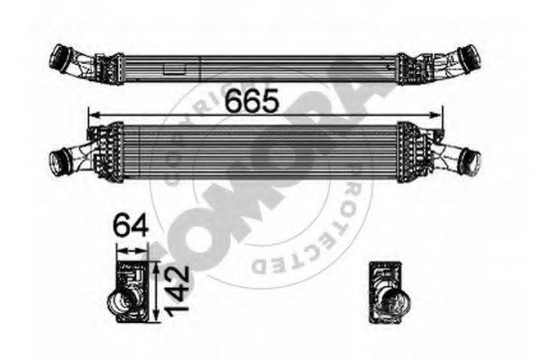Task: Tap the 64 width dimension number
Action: (x=129, y=222)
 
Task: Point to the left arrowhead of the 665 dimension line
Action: (x=90, y=115)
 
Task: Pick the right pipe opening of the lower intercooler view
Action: (x=470, y=163)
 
